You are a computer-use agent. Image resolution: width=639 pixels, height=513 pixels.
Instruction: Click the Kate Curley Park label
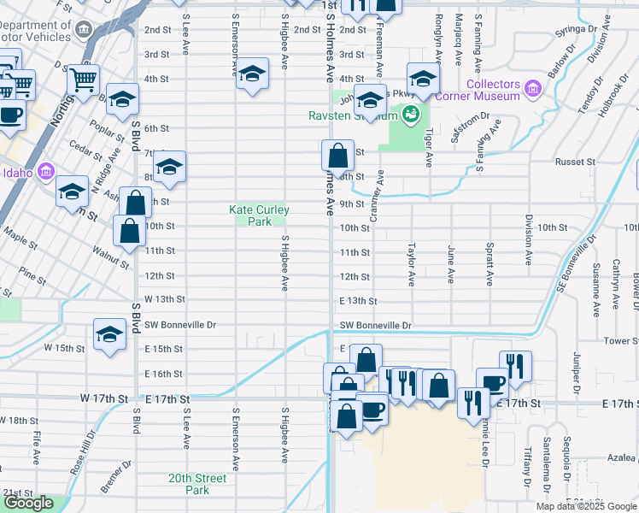coord(259,215)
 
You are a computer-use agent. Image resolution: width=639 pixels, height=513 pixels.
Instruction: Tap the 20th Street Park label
coord(197,484)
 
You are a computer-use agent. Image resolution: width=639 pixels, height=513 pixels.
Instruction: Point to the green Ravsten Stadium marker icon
coord(410,115)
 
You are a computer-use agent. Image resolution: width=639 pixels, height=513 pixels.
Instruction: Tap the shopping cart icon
coord(84,81)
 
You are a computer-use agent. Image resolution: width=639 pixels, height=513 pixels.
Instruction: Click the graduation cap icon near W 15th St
coord(109,336)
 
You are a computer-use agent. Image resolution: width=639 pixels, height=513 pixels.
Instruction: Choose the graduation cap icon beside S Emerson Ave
coord(252,74)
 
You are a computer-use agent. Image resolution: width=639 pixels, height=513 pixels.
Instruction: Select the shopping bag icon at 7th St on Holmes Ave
coord(337,156)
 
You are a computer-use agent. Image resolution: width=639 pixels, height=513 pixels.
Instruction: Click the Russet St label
coord(575,162)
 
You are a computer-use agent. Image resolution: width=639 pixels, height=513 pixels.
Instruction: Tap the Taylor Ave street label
coord(411,267)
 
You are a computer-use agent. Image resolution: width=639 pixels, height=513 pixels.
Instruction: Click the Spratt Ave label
coord(490,267)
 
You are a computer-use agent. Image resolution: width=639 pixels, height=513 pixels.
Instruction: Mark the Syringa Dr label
coord(573,30)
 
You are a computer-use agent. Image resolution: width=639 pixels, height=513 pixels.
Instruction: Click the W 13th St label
coord(165,299)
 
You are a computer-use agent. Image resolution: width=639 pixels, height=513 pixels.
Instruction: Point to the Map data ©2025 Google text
coord(586,506)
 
